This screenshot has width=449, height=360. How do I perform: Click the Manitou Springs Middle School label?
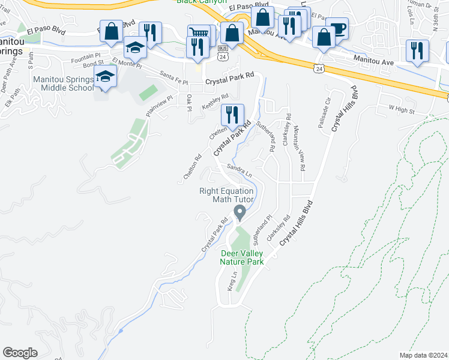coord(62,83)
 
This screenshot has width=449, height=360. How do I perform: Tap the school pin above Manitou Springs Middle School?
coord(106,77)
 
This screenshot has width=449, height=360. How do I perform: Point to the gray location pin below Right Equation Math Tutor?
coord(240,212)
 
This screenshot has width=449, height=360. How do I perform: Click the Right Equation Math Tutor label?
coord(227,195)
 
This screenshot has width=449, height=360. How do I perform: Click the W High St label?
coord(402,110)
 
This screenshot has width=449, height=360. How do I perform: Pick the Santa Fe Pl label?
coord(174,77)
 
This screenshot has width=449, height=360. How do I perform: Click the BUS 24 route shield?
coord(223,52)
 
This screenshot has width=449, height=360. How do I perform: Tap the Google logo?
coord(20,353)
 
